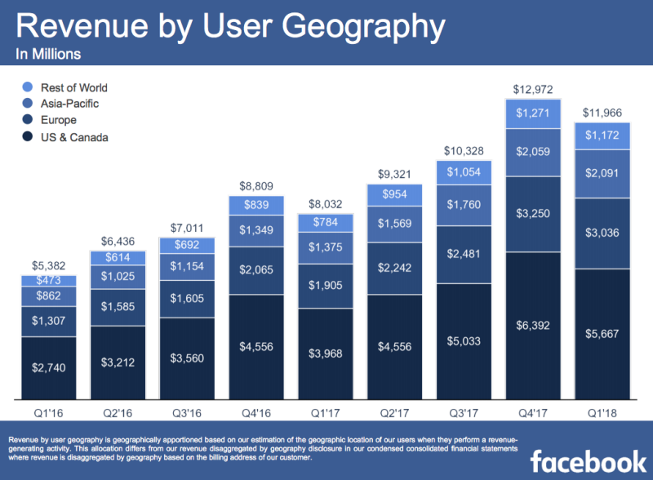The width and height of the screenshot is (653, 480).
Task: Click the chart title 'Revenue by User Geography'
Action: [231, 27]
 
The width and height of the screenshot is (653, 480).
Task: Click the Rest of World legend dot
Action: [28, 87]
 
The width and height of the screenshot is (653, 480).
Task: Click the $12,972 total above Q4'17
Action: [532, 88]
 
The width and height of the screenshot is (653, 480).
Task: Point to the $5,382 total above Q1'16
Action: [49, 264]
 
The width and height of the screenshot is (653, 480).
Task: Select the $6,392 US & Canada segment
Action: [532, 325]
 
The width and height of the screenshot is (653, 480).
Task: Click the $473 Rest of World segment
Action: [49, 281]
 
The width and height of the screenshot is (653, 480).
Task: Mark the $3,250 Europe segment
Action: [532, 213]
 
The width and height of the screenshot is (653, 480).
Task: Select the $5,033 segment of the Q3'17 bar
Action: [463, 340]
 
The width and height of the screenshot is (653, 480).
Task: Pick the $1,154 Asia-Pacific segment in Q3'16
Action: [187, 267]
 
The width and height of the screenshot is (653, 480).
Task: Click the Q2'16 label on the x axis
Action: [118, 412]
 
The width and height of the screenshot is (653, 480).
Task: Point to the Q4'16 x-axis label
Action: [256, 412]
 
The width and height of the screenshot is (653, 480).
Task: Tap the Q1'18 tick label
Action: [602, 412]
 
